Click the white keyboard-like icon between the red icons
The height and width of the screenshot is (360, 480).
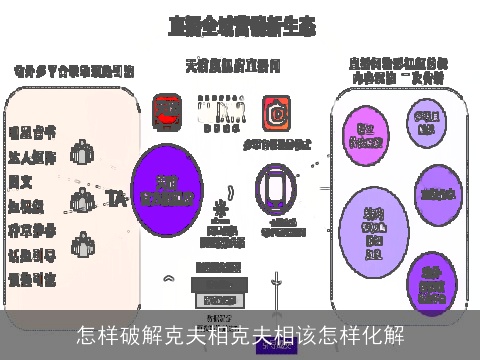click(221, 111)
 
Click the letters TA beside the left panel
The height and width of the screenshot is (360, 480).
click(116, 195)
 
